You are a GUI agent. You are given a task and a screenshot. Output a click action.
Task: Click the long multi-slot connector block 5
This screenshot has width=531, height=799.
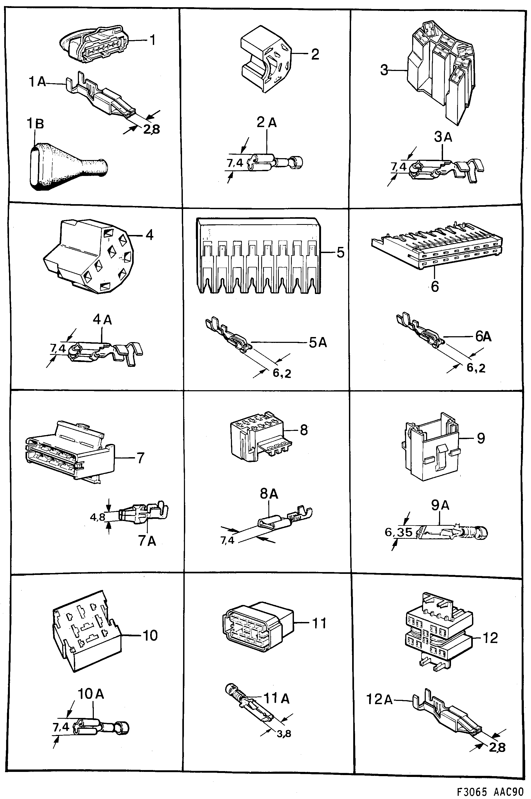[x=258, y=256]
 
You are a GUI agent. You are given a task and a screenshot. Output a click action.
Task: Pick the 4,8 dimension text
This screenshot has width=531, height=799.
[x=98, y=518]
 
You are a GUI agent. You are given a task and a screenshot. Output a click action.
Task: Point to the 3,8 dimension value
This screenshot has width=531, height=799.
[x=284, y=734]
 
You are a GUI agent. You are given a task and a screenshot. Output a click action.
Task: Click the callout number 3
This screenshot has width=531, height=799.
[x=384, y=70]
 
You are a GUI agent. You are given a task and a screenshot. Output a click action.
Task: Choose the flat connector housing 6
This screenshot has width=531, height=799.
[x=437, y=250]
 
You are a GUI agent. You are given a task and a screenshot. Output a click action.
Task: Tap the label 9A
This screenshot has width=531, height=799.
[x=440, y=505]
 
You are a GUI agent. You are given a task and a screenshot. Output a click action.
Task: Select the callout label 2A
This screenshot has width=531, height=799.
[x=267, y=122]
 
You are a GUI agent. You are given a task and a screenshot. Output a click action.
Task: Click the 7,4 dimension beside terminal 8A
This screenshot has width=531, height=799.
[x=227, y=541]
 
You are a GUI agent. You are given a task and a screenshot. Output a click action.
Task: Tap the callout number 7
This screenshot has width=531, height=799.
[x=140, y=458]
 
